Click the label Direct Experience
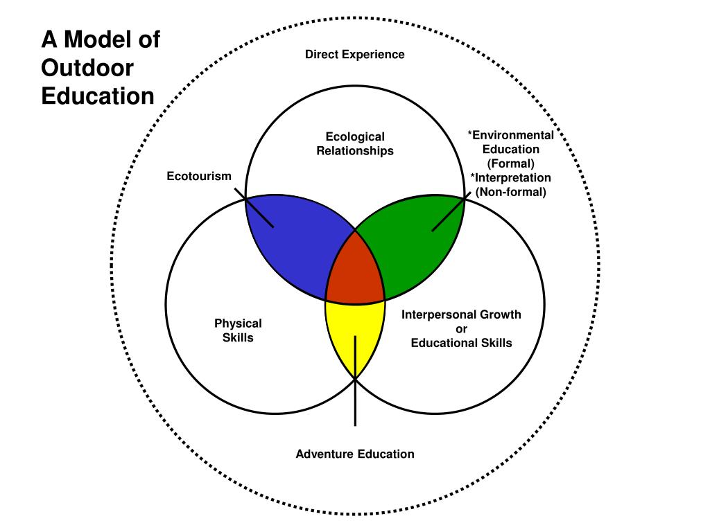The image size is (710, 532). pos(355,54)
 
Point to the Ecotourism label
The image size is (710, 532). pos(199,177)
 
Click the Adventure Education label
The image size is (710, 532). pos(355,454)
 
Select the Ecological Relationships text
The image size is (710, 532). pos(355,143)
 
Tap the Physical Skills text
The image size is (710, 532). pos(238,330)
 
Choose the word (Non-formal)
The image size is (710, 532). pos(511,192)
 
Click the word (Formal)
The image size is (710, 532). pos(511,163)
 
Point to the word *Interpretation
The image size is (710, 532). pos(511,178)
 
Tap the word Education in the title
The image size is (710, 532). pos(98,96)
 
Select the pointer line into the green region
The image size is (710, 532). pos(448,214)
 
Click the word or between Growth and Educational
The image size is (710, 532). pos(461,329)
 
